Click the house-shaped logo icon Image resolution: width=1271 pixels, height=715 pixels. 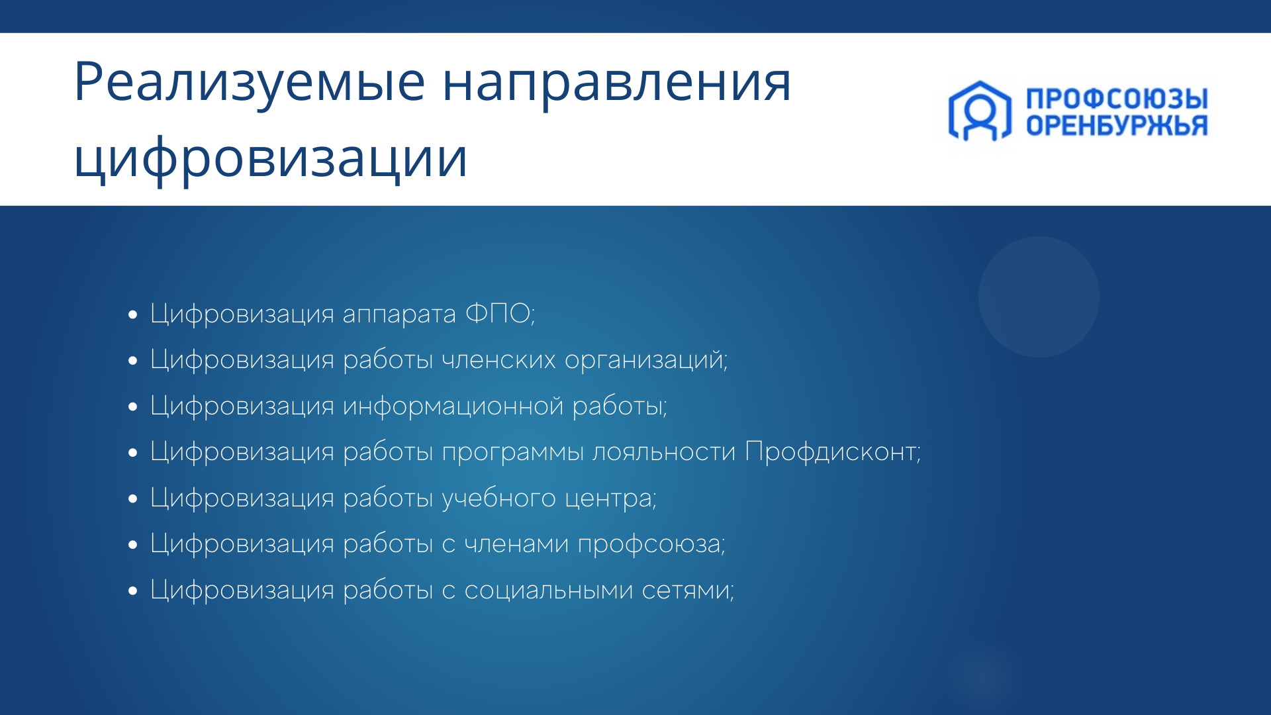point(980,111)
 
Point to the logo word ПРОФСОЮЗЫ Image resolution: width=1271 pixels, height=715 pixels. point(1117,99)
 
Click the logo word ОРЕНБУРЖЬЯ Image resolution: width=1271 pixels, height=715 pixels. point(1117,125)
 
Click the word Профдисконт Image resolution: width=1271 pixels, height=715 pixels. point(831,452)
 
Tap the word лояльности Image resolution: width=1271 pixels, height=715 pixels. point(664,452)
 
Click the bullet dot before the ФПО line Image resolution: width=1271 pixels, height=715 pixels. point(133,315)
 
